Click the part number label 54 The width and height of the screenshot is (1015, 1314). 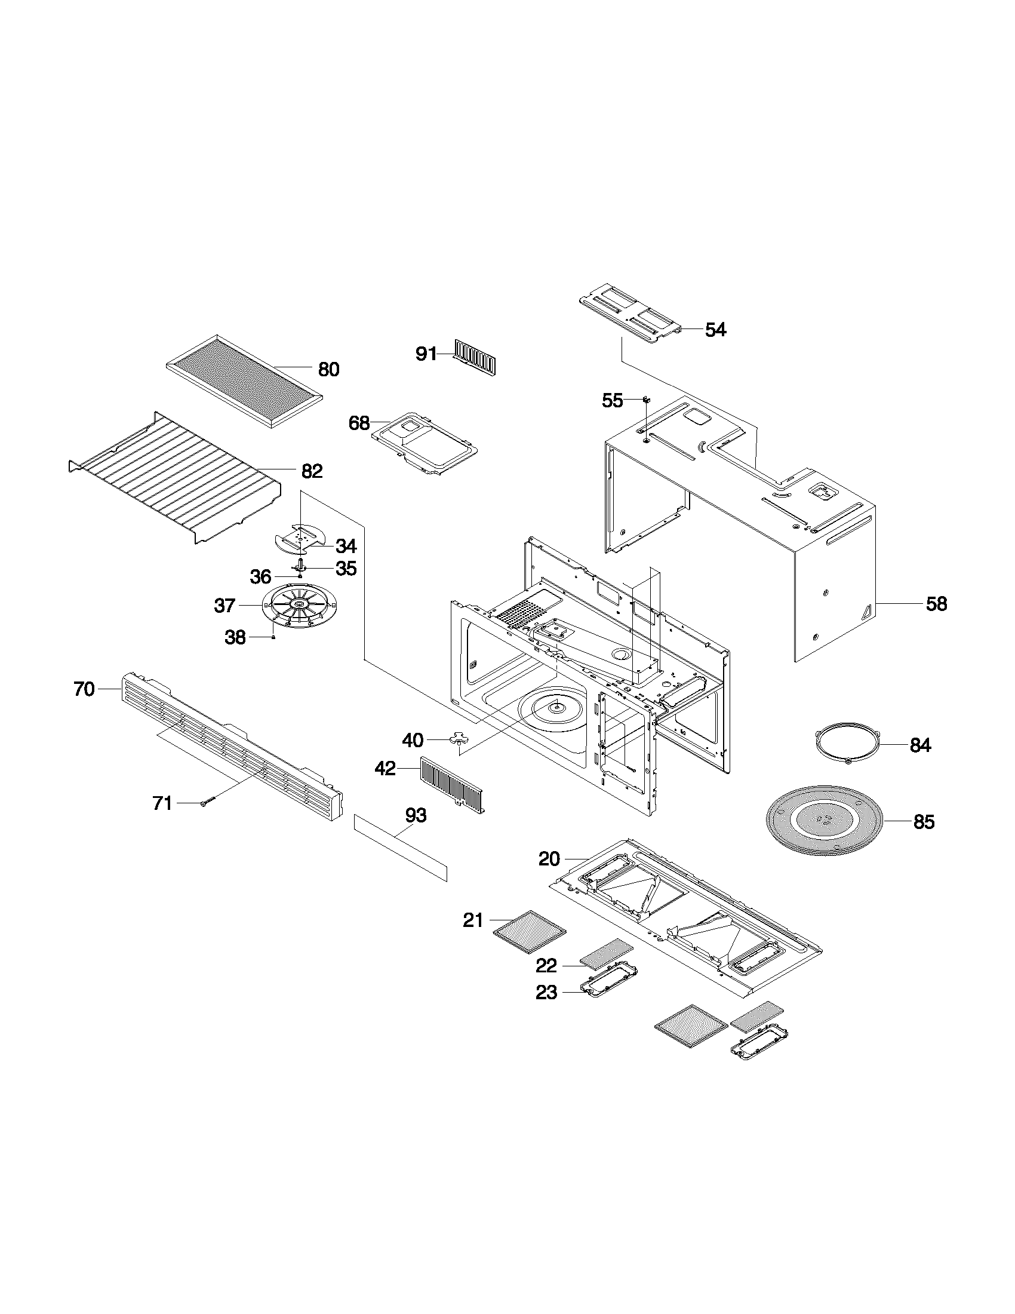coord(715,330)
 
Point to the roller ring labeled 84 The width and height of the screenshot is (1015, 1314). coord(847,745)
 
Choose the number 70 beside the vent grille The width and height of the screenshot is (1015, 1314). coord(84,689)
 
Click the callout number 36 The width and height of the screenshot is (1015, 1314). coord(260,577)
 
